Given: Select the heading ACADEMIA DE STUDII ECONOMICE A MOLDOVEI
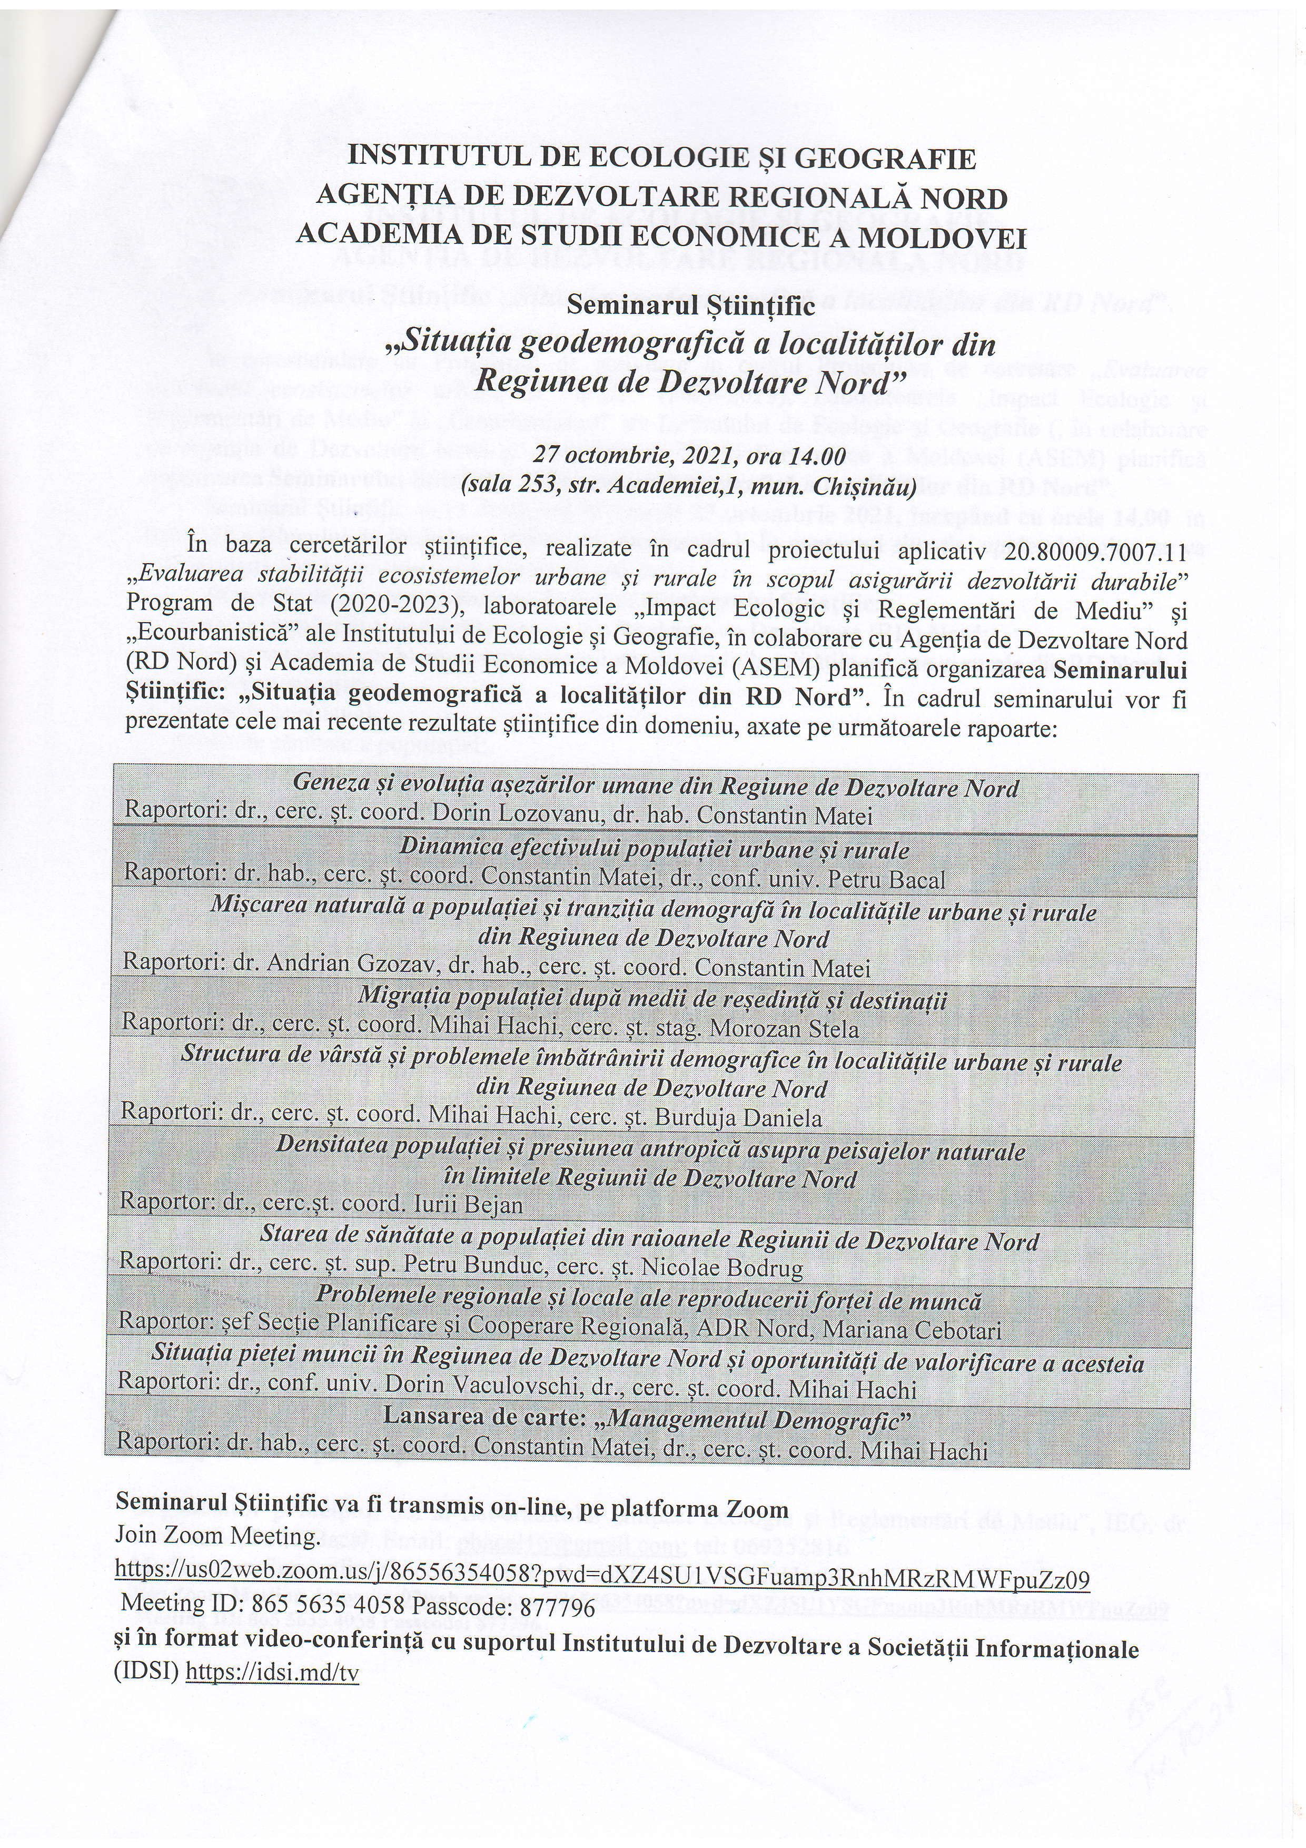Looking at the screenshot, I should click(661, 236).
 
